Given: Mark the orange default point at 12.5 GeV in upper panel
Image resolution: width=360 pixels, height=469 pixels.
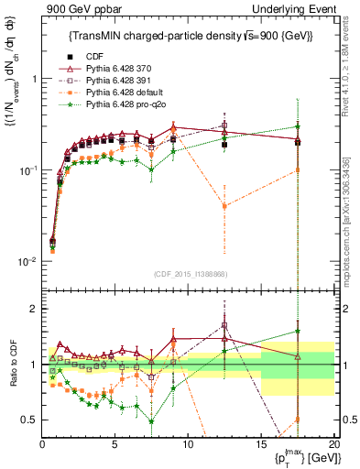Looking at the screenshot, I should pos(224,206).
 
